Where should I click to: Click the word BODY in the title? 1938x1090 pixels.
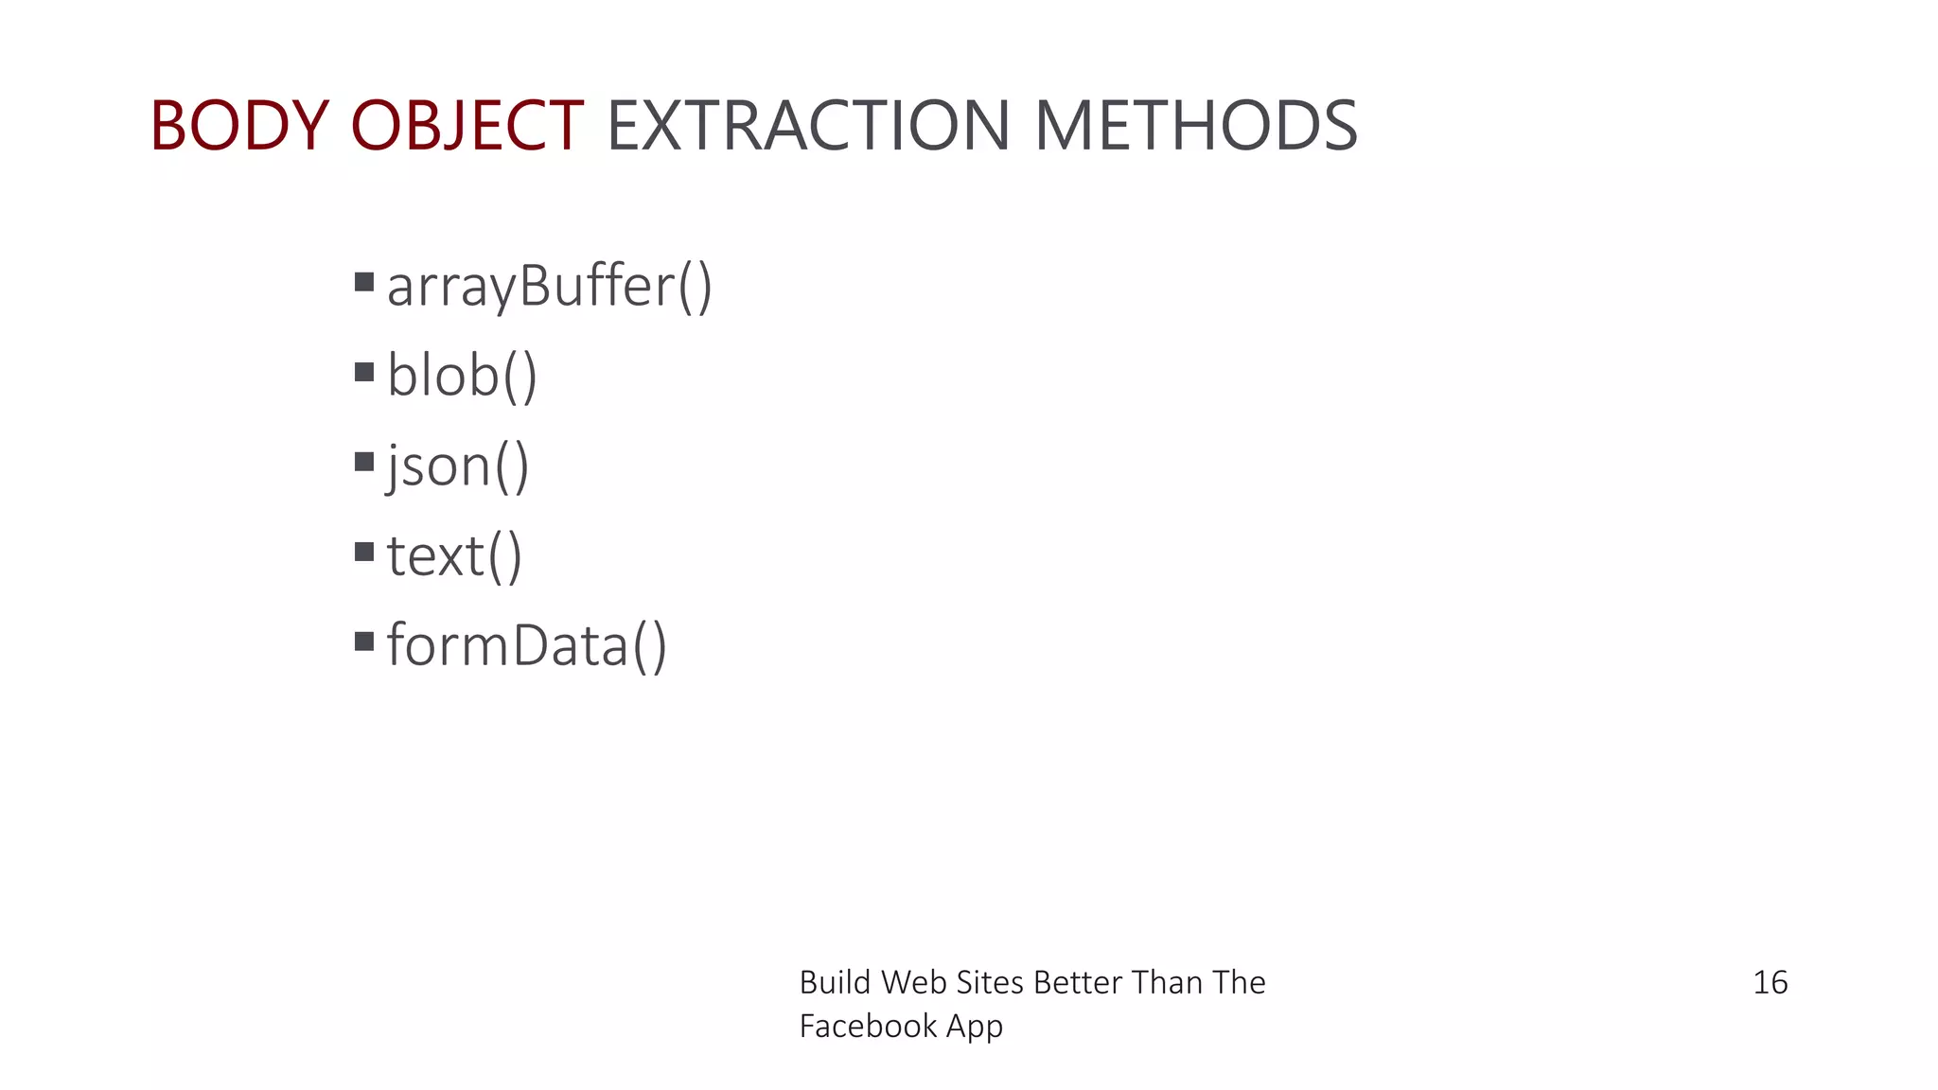click(238, 126)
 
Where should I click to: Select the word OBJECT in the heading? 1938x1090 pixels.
click(467, 126)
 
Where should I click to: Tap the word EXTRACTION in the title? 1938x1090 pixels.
click(808, 126)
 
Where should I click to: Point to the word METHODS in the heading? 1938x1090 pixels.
click(1196, 126)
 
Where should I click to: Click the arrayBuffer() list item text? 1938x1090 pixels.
click(549, 286)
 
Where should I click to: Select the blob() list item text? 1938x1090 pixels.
click(462, 376)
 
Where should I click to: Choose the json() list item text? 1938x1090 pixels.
click(458, 466)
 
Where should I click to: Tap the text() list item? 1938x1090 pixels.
click(454, 555)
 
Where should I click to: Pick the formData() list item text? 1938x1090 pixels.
click(527, 645)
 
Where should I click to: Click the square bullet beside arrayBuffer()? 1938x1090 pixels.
click(364, 282)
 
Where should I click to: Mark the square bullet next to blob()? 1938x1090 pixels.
click(364, 372)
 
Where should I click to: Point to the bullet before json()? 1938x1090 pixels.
click(364, 462)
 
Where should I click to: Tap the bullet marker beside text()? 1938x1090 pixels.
click(364, 552)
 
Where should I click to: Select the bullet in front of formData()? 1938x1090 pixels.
click(364, 642)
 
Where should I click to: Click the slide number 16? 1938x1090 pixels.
click(1770, 983)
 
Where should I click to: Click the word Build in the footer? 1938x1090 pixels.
click(835, 983)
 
